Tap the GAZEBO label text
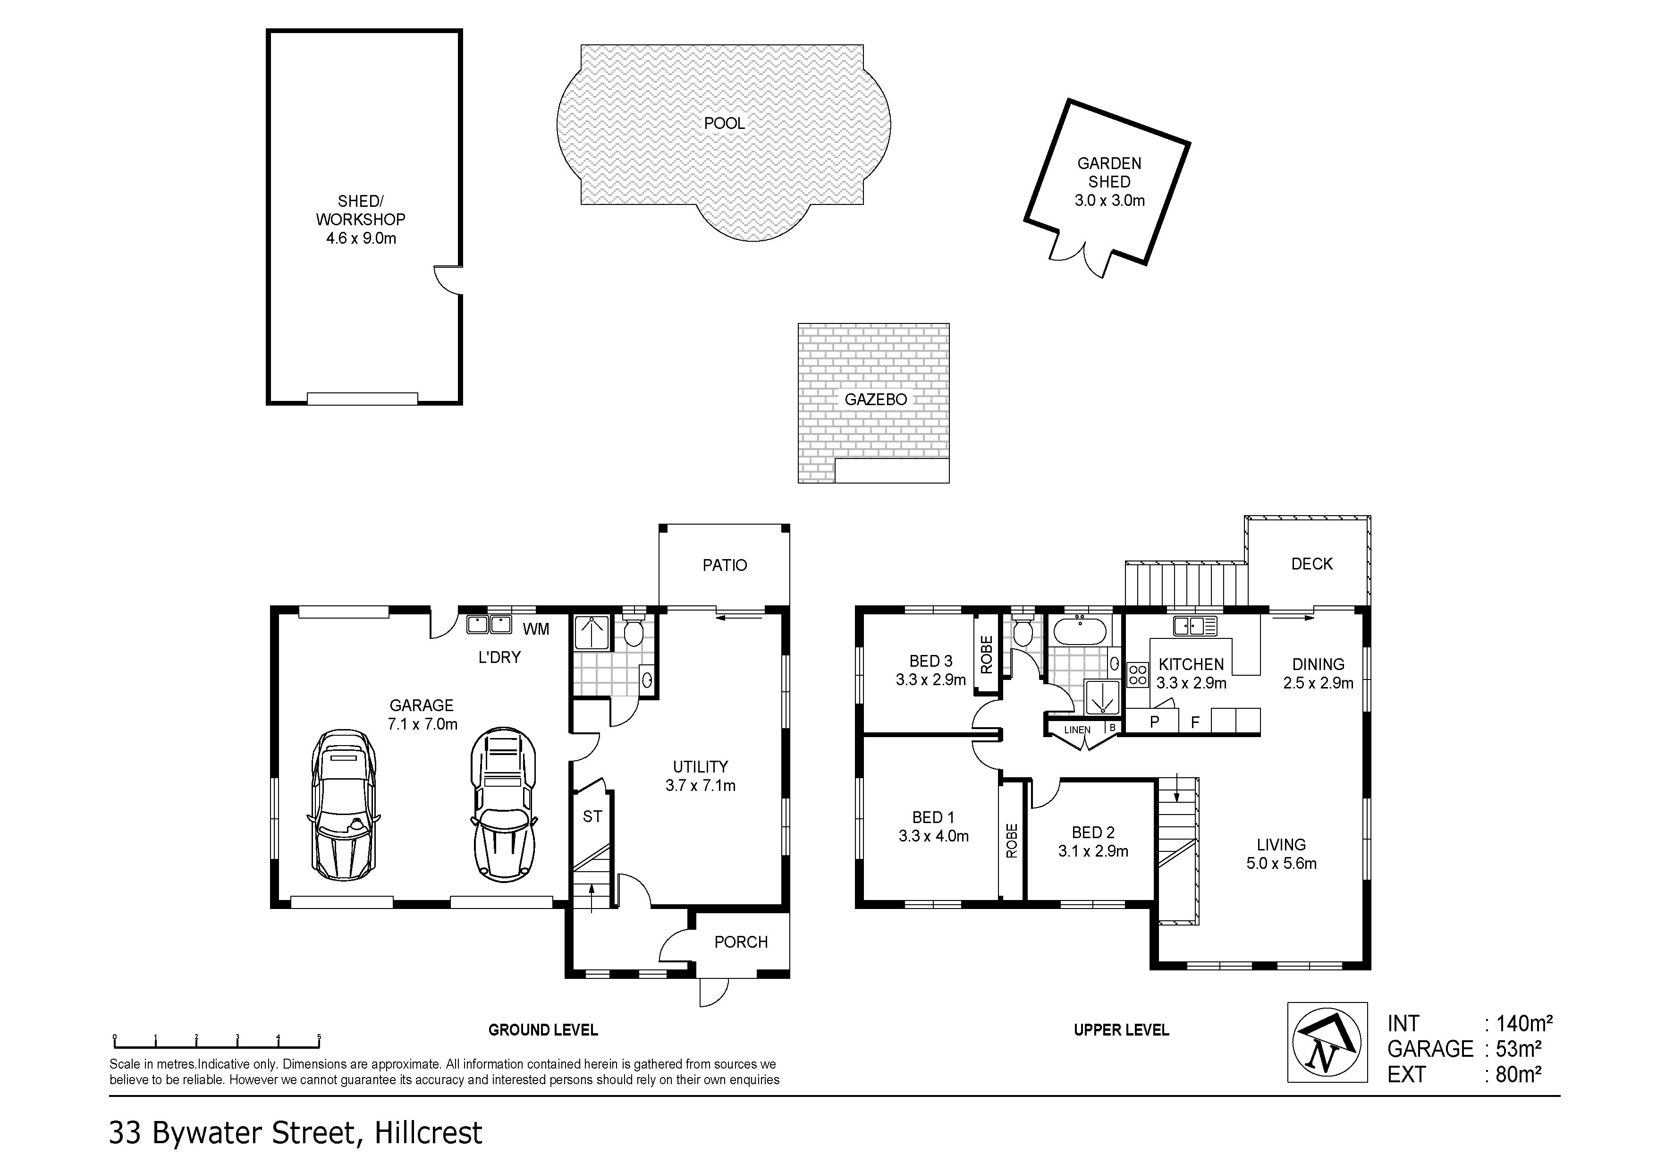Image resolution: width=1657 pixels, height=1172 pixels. (x=875, y=399)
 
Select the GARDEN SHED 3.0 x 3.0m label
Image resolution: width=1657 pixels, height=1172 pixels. (x=1109, y=182)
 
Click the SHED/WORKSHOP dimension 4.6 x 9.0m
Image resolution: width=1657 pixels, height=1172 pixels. (x=361, y=238)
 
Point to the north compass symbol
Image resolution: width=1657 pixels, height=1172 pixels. (x=1327, y=1042)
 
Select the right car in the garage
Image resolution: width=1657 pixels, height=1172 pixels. (x=504, y=805)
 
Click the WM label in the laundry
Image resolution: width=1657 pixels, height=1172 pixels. (x=535, y=629)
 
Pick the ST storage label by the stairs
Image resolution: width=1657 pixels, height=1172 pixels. (x=592, y=816)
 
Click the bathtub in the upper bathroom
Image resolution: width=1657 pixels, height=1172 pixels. (x=1080, y=631)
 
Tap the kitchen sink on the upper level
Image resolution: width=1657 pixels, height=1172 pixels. (x=1195, y=625)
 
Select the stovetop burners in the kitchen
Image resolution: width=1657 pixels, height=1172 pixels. (x=1138, y=675)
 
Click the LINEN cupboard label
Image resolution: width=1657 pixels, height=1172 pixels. (x=1077, y=730)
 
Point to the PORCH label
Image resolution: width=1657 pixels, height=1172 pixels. (x=741, y=942)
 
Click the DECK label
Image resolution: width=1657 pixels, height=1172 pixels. (x=1311, y=564)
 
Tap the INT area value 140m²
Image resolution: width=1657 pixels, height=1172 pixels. (x=1524, y=1023)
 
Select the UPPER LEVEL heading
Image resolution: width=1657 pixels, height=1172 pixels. (x=1121, y=1030)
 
